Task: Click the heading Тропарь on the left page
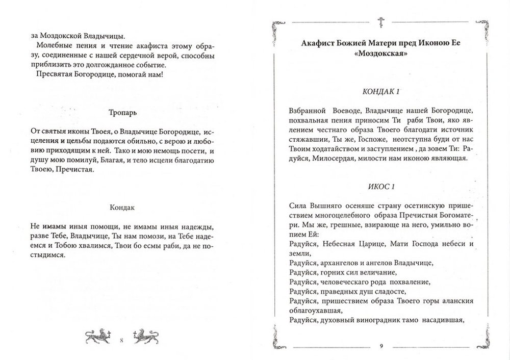(122, 113)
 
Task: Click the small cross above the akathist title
(381, 21)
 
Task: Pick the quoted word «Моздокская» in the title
(380, 55)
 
